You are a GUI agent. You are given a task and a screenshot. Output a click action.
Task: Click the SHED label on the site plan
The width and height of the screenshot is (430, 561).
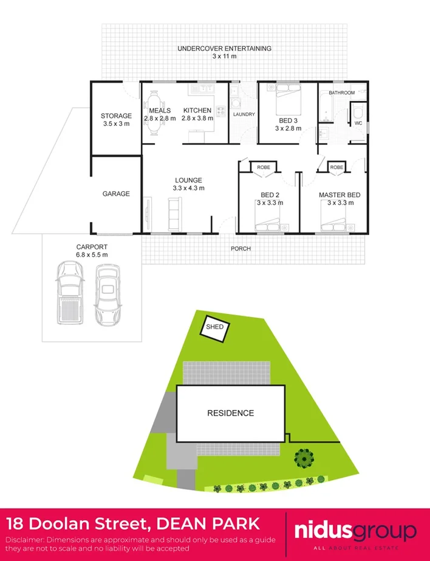[215, 327]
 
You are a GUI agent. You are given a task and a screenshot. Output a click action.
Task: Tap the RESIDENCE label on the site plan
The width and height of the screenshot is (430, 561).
[230, 413]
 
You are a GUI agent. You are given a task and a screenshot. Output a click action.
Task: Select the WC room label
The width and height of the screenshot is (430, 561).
[358, 123]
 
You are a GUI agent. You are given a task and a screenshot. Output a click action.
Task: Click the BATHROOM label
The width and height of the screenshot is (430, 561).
[341, 93]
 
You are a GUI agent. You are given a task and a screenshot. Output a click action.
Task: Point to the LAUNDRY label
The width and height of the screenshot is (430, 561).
[244, 114]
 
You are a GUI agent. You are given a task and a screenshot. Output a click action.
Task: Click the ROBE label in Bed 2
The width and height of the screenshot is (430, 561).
[263, 166]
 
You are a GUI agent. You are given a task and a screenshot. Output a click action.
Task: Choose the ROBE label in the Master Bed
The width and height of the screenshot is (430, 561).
[336, 166]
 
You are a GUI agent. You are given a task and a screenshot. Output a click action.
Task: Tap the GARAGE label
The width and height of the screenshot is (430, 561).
[115, 193]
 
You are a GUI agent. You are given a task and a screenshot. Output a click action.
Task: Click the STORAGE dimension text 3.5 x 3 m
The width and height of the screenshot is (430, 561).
[115, 124]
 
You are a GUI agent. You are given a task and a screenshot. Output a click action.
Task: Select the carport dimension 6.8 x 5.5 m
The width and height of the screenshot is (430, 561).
[92, 254]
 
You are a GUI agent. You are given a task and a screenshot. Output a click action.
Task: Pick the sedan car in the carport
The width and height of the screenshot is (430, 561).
[107, 294]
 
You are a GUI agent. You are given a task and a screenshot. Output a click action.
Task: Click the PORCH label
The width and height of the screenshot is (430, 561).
[241, 248]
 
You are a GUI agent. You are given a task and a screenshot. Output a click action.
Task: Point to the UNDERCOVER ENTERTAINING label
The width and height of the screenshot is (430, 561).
[224, 48]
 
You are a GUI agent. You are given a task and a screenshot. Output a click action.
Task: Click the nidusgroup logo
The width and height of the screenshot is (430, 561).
[355, 531]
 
